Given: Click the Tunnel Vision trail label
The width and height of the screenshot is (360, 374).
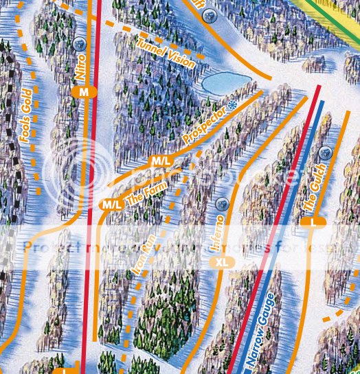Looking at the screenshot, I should click(166, 53).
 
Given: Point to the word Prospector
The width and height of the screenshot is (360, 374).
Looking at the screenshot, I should click(204, 125).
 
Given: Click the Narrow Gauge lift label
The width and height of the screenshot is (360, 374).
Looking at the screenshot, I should click(263, 330).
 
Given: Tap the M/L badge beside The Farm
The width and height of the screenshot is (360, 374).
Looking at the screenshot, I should click(111, 204).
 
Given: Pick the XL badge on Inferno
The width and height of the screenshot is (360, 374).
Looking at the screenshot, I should click(221, 262).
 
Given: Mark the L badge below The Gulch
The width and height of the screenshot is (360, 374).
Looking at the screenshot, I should click(313, 222).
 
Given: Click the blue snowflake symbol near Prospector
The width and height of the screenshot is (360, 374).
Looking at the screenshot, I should click(232, 105).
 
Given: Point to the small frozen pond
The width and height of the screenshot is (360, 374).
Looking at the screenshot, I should click(225, 84).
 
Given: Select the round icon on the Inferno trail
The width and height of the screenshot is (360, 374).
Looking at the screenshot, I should click(221, 204).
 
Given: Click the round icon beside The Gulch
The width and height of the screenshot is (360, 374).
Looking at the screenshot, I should click(326, 152).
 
